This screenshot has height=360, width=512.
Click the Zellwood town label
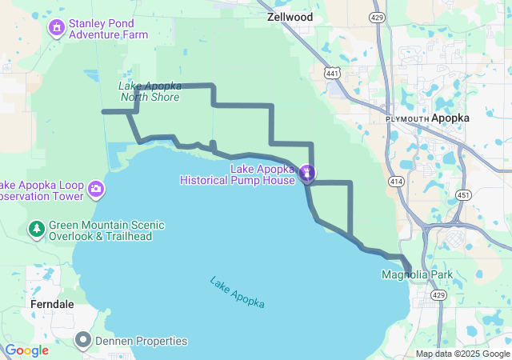pyautogui.click(x=290, y=15)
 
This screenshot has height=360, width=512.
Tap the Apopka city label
pyautogui.click(x=450, y=118)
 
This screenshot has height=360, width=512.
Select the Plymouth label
pyautogui.click(x=406, y=118)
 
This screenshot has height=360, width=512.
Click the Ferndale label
pyautogui.click(x=53, y=305)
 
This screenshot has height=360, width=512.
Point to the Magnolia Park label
pyautogui.click(x=418, y=274)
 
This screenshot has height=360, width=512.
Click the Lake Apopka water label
pyautogui.click(x=237, y=292)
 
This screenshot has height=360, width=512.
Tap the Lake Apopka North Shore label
pyautogui.click(x=150, y=91)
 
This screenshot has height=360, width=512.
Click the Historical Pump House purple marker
pyautogui.click(x=306, y=172)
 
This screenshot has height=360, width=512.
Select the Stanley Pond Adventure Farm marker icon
pyautogui.click(x=57, y=29)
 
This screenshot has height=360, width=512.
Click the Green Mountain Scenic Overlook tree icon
pyautogui.click(x=36, y=230)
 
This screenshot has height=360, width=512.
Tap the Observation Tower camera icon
pyautogui.click(x=97, y=190)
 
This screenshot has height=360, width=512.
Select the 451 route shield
pyautogui.click(x=464, y=194)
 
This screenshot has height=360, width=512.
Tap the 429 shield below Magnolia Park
pyautogui.click(x=437, y=295)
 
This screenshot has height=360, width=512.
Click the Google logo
pyautogui.click(x=26, y=350)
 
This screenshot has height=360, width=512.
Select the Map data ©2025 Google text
pyautogui.click(x=462, y=354)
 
